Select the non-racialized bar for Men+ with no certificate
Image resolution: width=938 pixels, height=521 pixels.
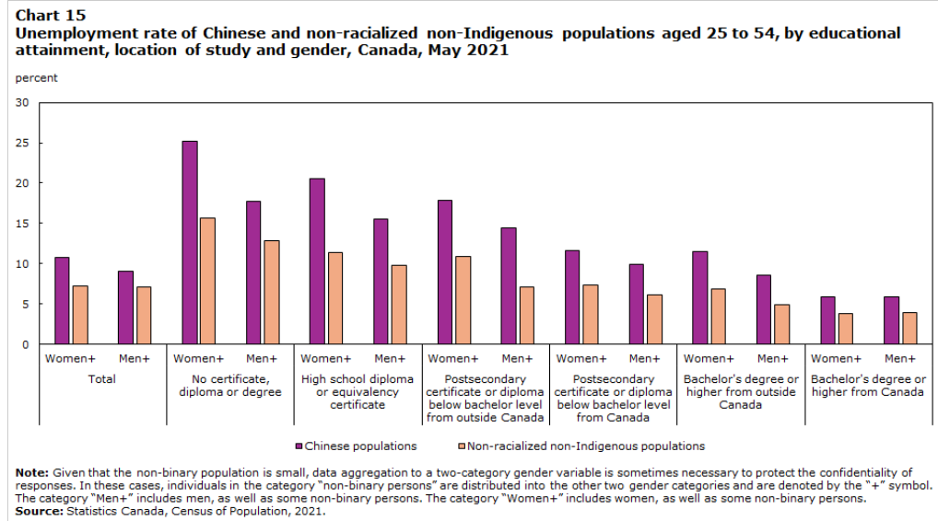[x=271, y=292]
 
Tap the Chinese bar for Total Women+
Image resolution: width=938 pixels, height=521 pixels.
[x=62, y=300]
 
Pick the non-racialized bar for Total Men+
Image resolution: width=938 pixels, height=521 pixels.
[x=144, y=315]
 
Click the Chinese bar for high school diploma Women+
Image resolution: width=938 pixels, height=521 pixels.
[x=317, y=260]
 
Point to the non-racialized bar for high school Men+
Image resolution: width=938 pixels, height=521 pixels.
[x=399, y=304]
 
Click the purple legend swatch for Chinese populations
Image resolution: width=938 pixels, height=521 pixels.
[x=299, y=446]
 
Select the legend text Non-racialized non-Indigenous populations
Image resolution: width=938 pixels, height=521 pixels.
[x=586, y=446]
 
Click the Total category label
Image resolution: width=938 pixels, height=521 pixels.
[x=101, y=379]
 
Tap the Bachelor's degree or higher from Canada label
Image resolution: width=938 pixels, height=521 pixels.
[x=868, y=386]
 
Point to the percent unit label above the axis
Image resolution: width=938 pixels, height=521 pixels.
[x=36, y=78]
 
